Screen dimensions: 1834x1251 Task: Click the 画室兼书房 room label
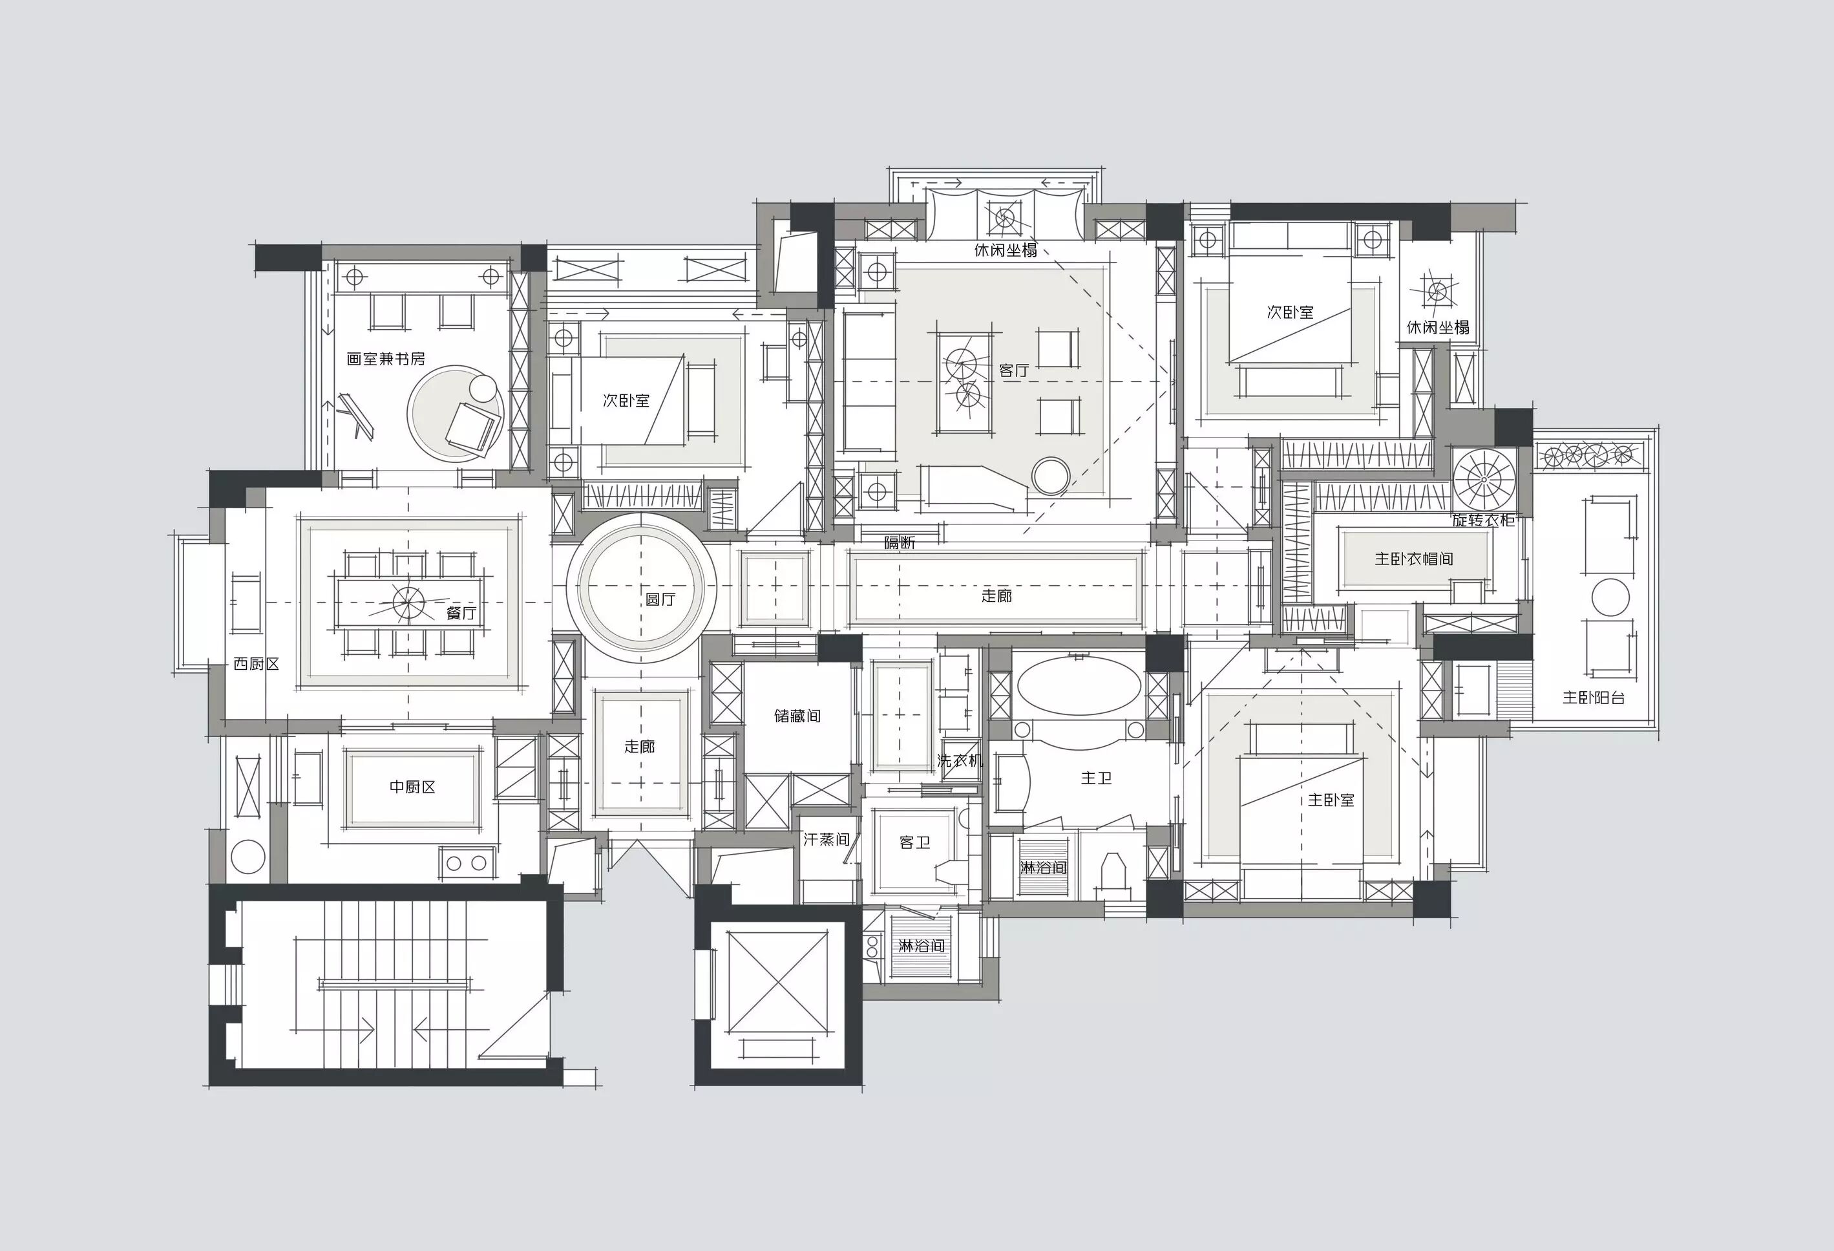(386, 359)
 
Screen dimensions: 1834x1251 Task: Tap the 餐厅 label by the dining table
(461, 612)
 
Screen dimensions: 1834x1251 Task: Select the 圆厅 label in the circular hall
(660, 599)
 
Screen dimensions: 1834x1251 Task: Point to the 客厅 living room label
(1014, 370)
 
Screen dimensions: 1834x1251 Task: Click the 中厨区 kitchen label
(412, 787)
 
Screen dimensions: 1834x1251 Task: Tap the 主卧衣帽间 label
(1414, 559)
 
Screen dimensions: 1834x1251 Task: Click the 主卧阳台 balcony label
(1594, 698)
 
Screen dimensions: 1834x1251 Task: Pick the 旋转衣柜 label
(1484, 520)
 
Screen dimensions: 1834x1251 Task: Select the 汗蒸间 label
(827, 840)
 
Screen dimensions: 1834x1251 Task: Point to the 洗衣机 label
(960, 761)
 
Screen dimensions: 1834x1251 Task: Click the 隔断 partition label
(900, 543)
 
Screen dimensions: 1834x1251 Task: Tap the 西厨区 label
(257, 664)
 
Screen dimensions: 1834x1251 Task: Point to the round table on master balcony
(1610, 597)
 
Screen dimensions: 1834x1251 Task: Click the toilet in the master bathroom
(1113, 875)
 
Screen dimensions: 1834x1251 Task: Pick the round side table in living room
(1051, 476)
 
